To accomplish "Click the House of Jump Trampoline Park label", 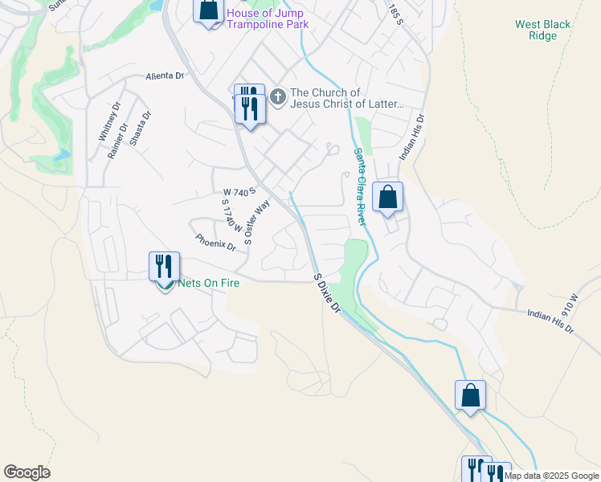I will point(268,18).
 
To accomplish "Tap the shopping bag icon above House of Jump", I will point(208,10).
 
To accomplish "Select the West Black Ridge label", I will point(543,30).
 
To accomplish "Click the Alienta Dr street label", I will point(165,76).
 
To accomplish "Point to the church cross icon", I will point(277,98).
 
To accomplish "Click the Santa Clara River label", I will point(361,186).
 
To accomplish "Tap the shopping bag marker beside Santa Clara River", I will point(387,196).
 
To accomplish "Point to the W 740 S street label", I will point(239,192).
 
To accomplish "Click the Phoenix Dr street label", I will point(215,242).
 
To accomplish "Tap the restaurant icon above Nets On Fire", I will point(164,267).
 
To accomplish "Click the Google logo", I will point(27,472).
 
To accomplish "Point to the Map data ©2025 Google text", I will point(551,476).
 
